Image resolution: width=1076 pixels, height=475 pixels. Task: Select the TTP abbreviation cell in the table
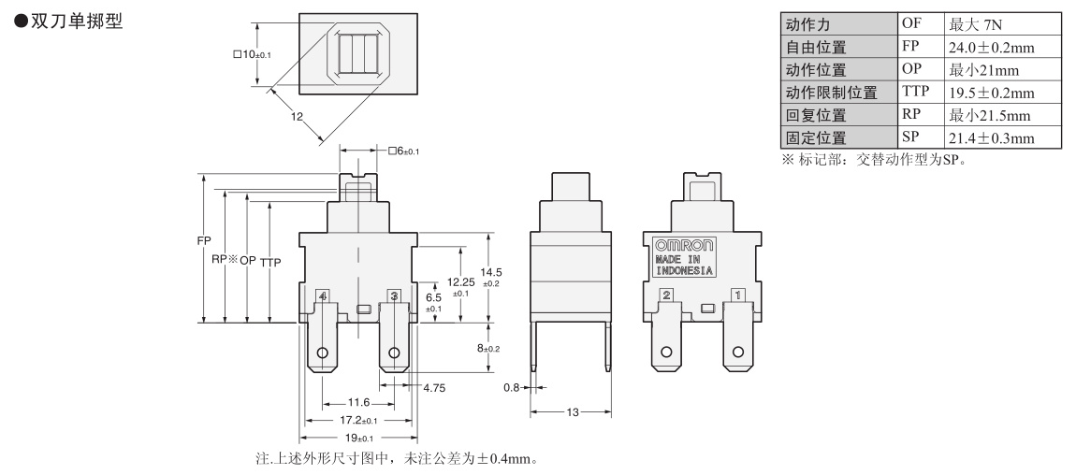coord(916,92)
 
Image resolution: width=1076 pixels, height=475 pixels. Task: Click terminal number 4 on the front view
coord(323,295)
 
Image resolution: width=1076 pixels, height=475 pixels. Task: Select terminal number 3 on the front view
coord(394,295)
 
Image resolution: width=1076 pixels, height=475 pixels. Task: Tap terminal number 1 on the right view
coord(737,295)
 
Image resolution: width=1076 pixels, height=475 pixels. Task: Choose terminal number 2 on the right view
coord(666,295)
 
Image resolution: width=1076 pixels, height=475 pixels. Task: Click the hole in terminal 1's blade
coord(737,353)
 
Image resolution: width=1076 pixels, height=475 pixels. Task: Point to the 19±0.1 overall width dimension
coord(358,438)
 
